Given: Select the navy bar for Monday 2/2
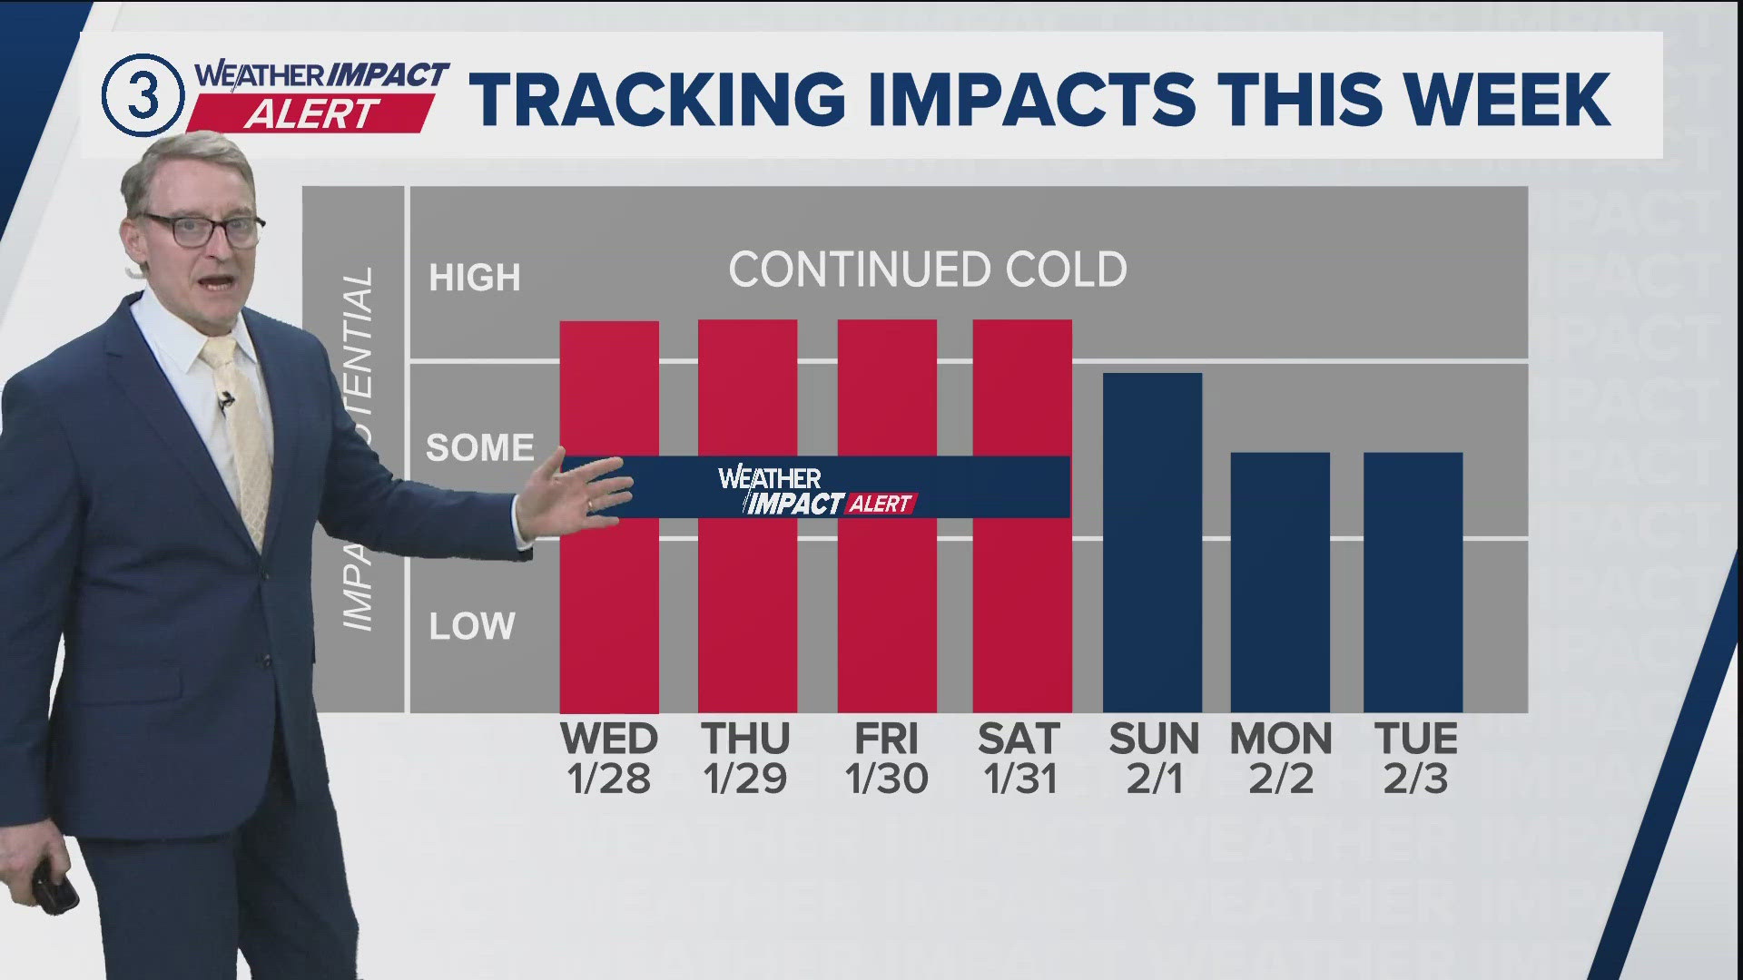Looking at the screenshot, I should click(1280, 581).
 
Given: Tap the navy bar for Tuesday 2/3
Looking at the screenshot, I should click(1413, 581).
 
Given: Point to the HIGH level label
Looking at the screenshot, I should click(474, 278).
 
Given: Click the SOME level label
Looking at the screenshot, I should click(479, 447).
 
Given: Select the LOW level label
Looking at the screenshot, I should click(472, 626).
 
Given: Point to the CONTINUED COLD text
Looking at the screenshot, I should click(927, 269).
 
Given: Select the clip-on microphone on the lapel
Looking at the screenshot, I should click(224, 400).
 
